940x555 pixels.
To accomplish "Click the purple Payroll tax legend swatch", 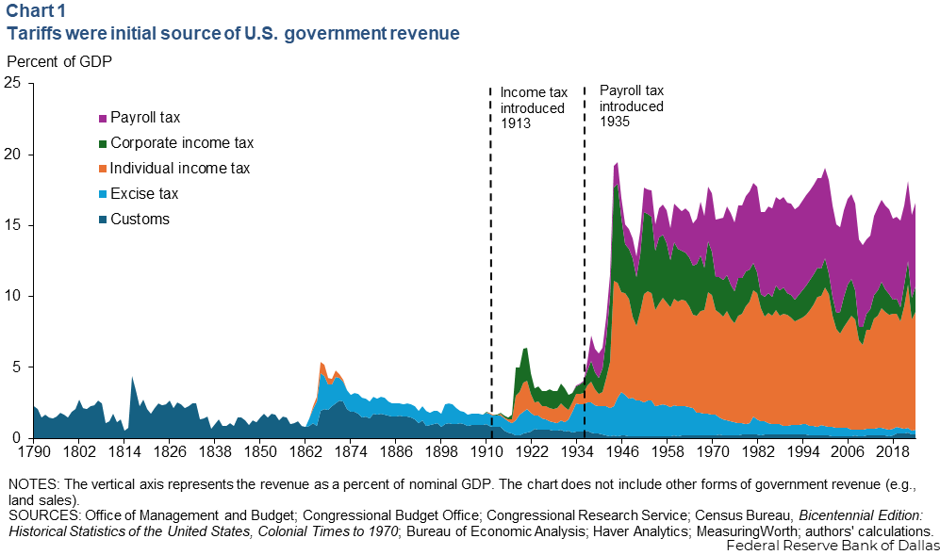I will click(103, 119).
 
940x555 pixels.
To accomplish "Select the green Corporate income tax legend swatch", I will click(103, 144).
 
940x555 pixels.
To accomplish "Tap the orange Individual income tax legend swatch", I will click(103, 170).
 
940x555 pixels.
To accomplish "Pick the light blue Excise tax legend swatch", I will click(103, 195).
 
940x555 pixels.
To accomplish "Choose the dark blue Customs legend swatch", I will click(103, 220).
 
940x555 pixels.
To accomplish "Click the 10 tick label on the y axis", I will click(15, 296).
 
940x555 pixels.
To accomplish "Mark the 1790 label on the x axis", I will click(22, 452).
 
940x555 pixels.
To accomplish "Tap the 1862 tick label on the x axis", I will click(305, 452).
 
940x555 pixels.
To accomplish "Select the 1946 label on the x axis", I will click(621, 452).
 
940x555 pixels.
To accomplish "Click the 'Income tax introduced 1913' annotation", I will click(533, 107).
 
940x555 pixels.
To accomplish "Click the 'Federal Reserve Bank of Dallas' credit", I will click(834, 546).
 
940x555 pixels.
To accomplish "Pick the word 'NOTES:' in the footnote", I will click(33, 484).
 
